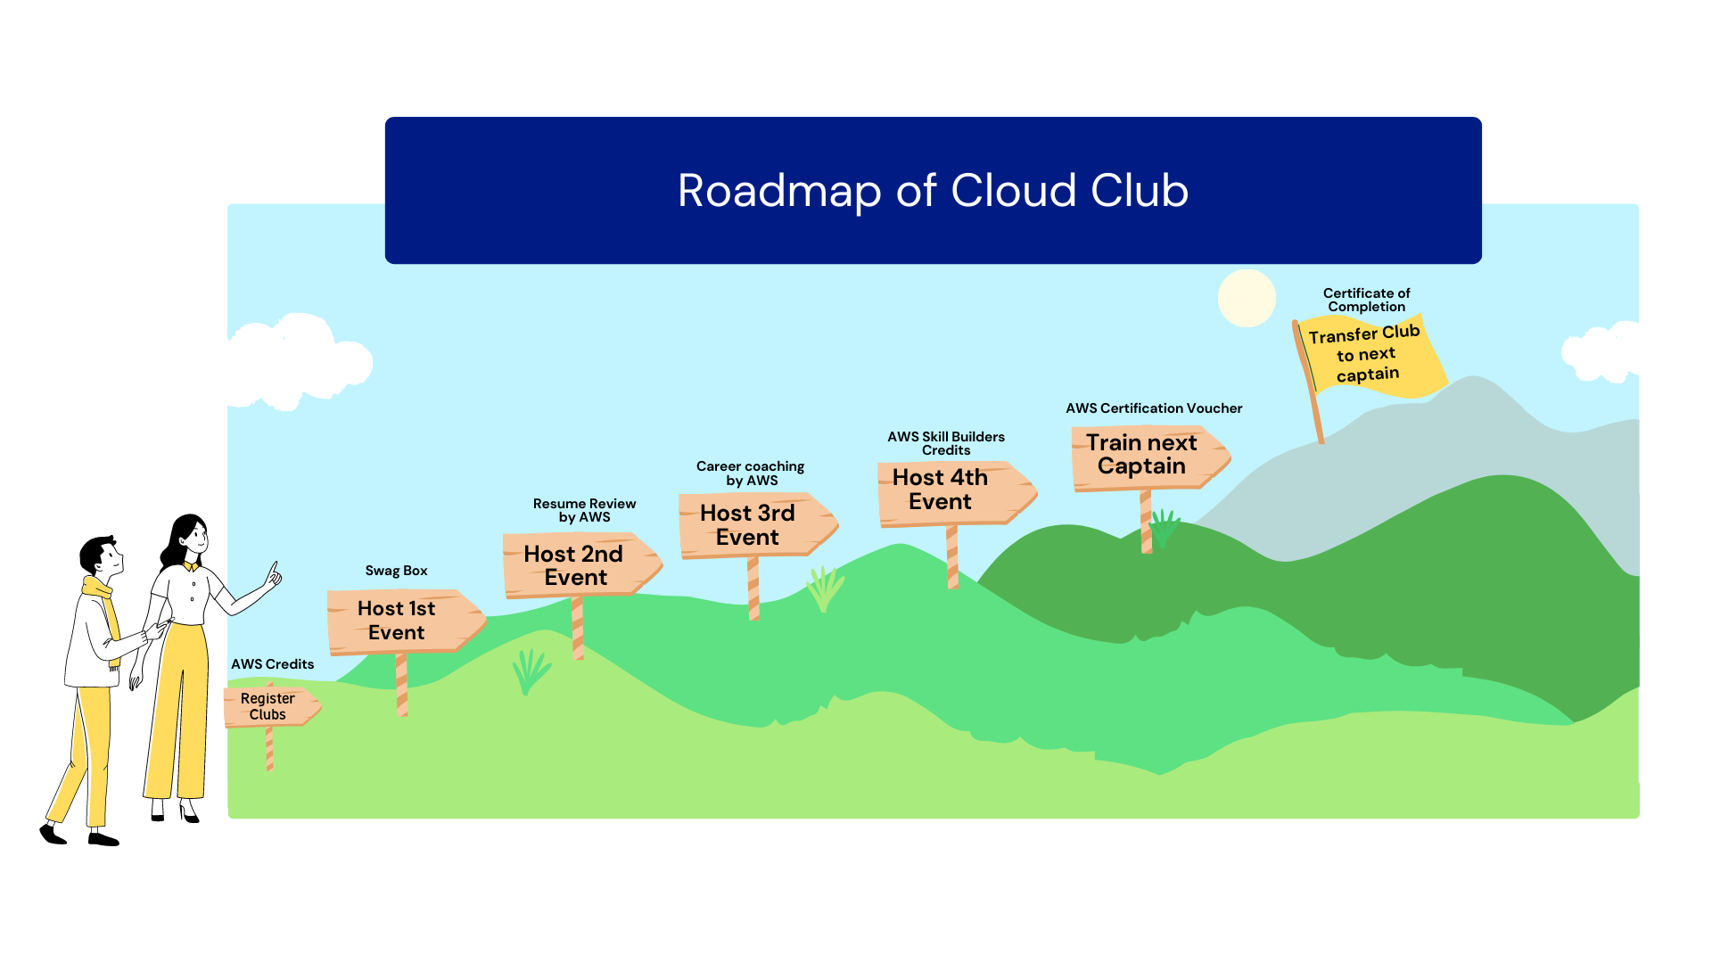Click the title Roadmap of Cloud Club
[x=933, y=191]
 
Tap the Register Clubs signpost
[x=268, y=706]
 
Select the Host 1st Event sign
[x=398, y=621]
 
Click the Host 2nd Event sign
[x=574, y=565]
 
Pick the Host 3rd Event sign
[x=749, y=524]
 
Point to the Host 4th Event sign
[x=943, y=490]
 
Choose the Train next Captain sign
[x=1142, y=455]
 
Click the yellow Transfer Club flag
[x=1368, y=355]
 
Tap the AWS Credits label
[x=272, y=664]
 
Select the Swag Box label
[x=396, y=571]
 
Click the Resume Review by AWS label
[x=584, y=510]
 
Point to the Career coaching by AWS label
[x=750, y=473]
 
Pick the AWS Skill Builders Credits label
[x=945, y=443]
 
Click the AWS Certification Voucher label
[x=1153, y=408]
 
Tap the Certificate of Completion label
[x=1366, y=300]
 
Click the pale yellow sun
[x=1247, y=298]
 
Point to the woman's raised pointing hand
[x=272, y=577]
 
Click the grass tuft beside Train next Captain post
[x=1164, y=528]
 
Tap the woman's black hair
[x=178, y=539]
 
